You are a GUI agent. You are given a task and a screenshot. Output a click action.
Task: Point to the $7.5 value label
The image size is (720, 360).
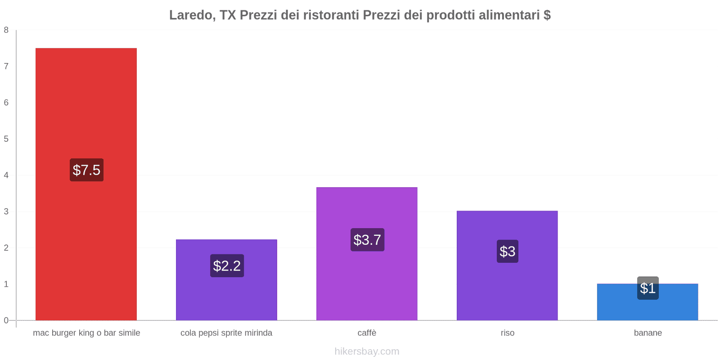point(86,170)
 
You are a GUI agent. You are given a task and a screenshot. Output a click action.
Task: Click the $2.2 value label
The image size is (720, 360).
point(227,266)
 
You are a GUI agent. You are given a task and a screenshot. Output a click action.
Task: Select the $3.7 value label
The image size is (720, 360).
point(367,240)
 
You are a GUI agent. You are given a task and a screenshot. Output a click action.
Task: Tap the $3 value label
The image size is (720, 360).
point(508,252)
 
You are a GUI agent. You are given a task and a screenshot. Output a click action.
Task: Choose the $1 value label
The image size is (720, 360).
point(648,288)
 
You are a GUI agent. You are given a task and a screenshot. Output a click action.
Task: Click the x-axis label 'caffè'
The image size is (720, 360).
point(367,333)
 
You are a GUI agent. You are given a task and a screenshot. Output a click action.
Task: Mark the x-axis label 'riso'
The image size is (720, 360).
point(507,333)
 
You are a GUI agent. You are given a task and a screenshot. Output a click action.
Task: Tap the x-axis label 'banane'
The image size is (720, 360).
point(648,333)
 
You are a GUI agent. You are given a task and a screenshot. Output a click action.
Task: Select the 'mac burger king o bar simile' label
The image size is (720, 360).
point(86,333)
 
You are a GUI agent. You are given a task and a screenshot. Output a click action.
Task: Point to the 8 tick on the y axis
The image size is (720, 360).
point(6,30)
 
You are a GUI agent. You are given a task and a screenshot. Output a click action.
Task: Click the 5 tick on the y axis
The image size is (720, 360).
point(6,139)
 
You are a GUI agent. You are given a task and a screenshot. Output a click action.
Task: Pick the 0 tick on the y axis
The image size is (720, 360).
point(6,320)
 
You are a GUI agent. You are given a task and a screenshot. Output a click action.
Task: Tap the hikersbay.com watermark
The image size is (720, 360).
point(367,351)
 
